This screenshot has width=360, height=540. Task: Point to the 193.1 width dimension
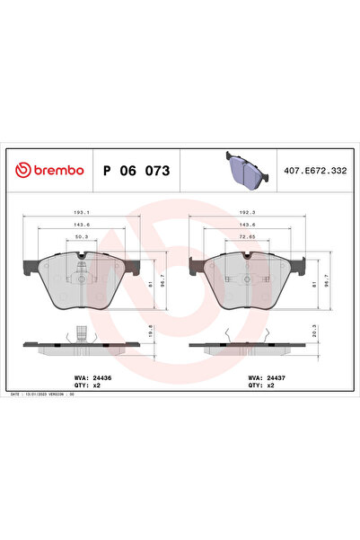81,213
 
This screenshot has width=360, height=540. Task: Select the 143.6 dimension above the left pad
81,226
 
